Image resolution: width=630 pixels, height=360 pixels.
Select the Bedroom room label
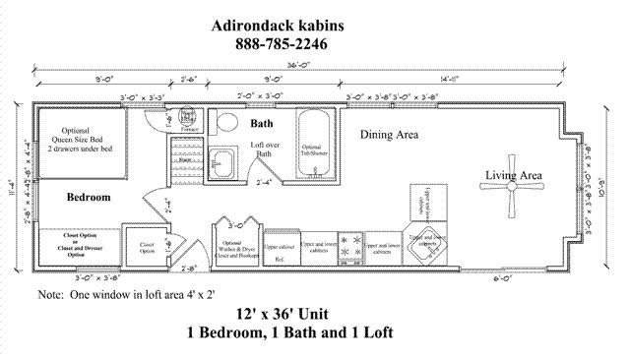coord(88,197)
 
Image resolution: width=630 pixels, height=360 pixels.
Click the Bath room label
coord(261,125)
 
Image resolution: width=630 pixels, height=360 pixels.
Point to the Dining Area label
coord(391,133)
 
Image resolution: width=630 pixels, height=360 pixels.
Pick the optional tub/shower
coord(314,146)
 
